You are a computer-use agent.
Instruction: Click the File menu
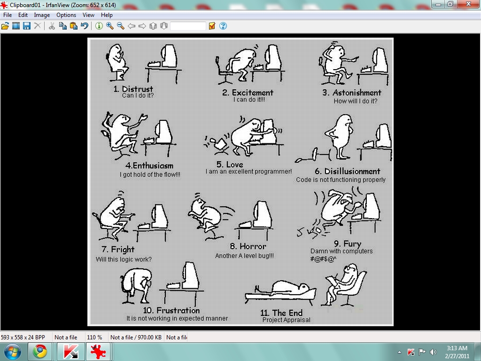tap(8, 15)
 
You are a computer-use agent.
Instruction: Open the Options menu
tap(66, 15)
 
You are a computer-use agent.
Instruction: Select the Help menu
tap(107, 15)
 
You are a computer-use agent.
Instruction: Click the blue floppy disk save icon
tap(27, 26)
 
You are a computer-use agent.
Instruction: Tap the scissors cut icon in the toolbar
tap(52, 26)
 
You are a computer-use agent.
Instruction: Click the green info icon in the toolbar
tap(99, 26)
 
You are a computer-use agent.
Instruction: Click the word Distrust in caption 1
tap(138, 89)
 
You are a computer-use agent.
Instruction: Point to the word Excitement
tap(252, 93)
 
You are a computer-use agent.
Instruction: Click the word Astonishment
tap(357, 93)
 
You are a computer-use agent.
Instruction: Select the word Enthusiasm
tap(153, 166)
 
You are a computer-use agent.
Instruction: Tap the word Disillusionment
tap(352, 171)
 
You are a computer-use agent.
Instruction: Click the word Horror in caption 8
tap(253, 246)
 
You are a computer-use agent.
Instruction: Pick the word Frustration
tap(178, 310)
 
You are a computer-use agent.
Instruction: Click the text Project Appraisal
tap(286, 320)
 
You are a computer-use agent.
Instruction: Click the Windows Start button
tap(13, 352)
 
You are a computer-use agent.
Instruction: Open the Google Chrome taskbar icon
tap(40, 352)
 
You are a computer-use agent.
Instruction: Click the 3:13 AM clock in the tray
tap(457, 348)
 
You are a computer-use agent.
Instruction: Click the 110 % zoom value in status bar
tap(94, 337)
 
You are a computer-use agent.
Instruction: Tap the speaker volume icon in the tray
tap(433, 352)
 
